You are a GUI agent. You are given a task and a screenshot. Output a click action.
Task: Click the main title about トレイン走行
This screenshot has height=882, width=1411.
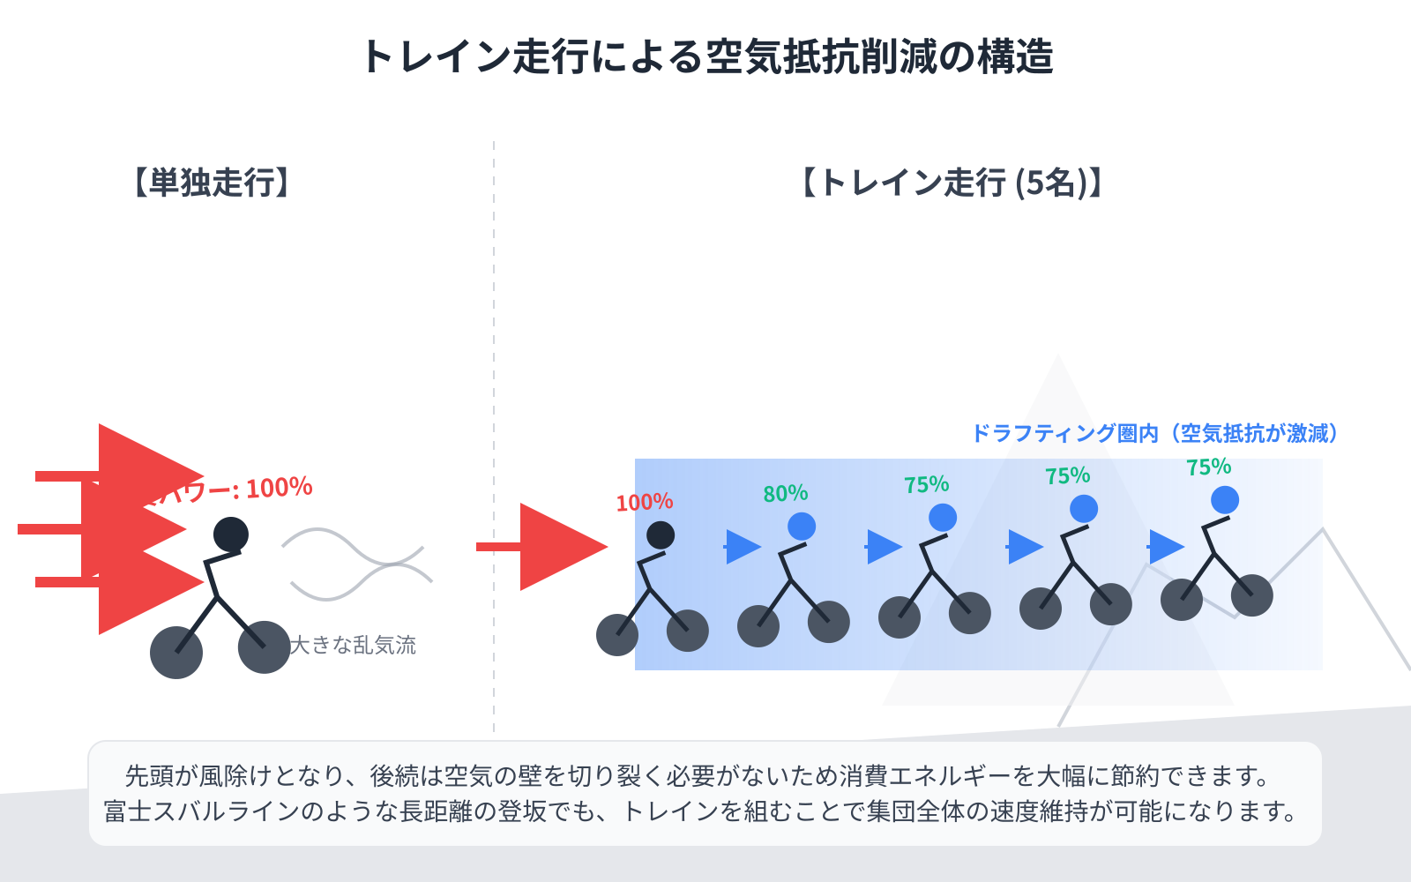pos(705,56)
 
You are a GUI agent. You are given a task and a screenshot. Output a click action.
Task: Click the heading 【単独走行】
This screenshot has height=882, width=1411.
pos(212,183)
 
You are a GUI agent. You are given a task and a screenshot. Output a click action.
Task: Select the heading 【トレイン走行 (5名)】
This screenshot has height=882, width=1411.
pos(952,183)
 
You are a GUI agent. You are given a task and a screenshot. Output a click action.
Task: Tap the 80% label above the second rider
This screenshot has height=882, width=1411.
pos(785,493)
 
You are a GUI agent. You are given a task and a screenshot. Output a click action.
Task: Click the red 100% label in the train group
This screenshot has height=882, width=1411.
pos(645,503)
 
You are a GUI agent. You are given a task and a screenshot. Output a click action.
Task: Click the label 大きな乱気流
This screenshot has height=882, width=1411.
pos(353,645)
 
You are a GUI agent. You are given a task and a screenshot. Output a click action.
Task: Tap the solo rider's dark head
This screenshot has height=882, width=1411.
pos(231,534)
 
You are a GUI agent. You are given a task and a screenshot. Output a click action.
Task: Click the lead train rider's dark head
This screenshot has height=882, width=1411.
pos(661,535)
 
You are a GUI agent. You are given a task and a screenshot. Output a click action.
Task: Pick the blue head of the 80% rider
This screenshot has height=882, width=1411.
pos(802,527)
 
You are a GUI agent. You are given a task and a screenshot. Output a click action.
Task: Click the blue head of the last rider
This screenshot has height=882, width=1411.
pos(1225,500)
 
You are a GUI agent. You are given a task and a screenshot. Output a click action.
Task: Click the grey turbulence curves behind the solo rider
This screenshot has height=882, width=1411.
pos(357,564)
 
